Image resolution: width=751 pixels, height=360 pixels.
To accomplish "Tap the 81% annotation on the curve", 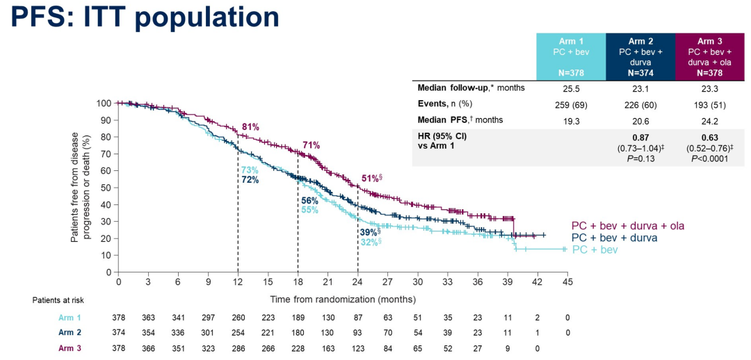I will pos(250,127).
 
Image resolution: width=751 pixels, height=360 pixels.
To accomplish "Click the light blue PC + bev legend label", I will pos(595,249).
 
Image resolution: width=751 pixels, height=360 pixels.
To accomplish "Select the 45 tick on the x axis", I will pos(567,281).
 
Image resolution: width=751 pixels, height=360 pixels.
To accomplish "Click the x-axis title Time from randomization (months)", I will pos(343,300).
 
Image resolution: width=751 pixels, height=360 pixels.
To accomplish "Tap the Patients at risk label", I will pos(58,300).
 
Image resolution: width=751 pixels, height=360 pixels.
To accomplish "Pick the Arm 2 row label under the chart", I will pos(70,332).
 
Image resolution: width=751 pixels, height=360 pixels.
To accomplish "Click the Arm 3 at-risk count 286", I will pos(238,347).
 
